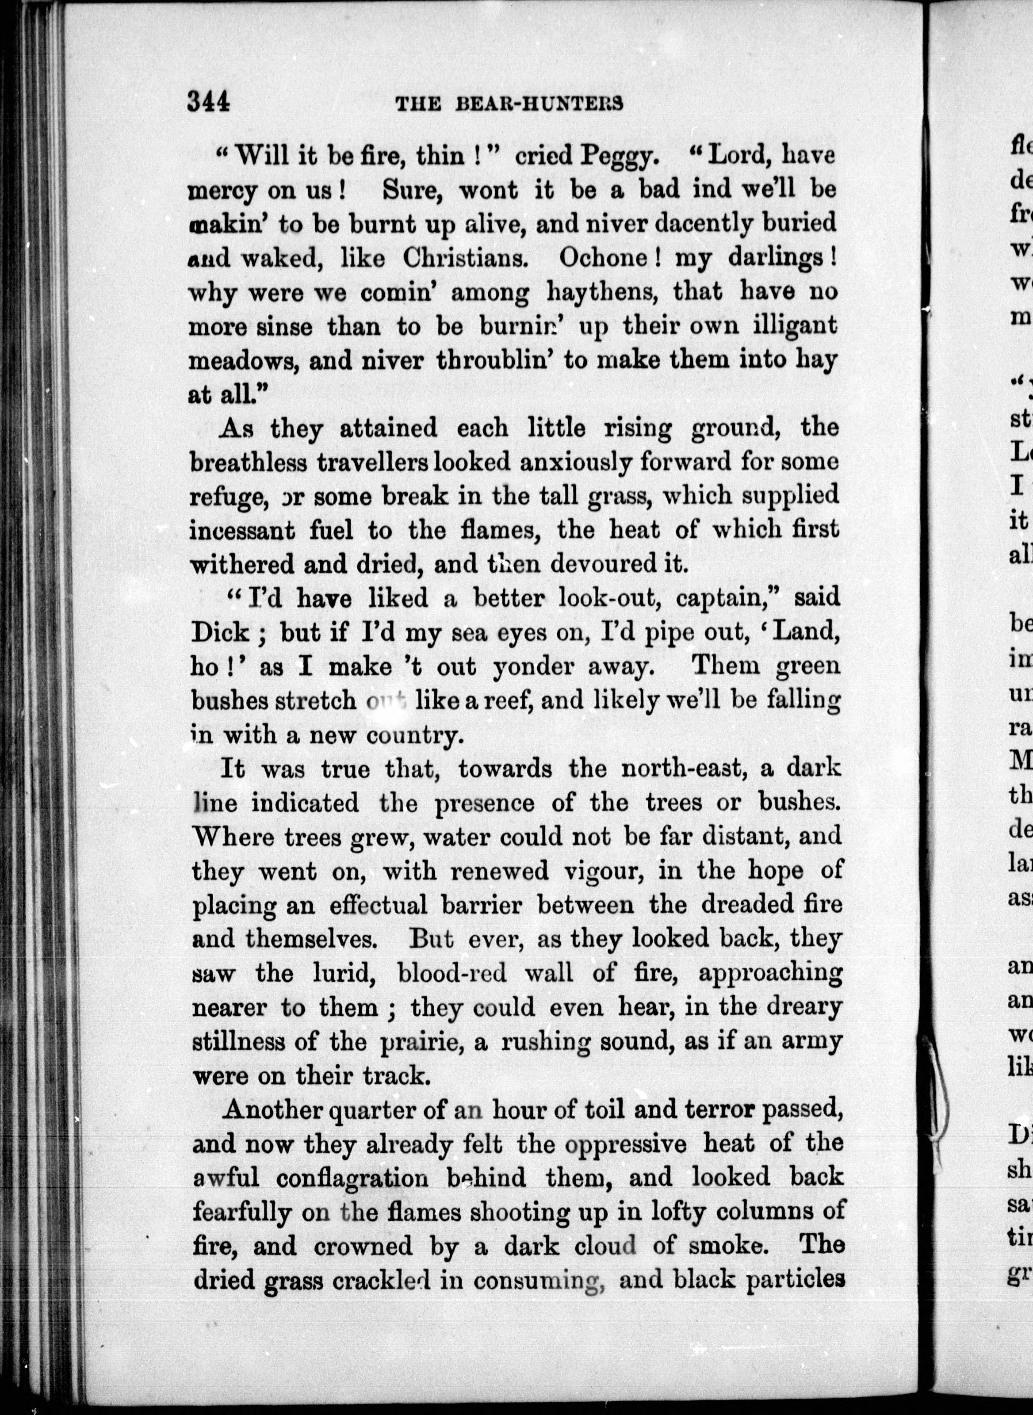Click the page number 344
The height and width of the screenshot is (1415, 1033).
point(209,101)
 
